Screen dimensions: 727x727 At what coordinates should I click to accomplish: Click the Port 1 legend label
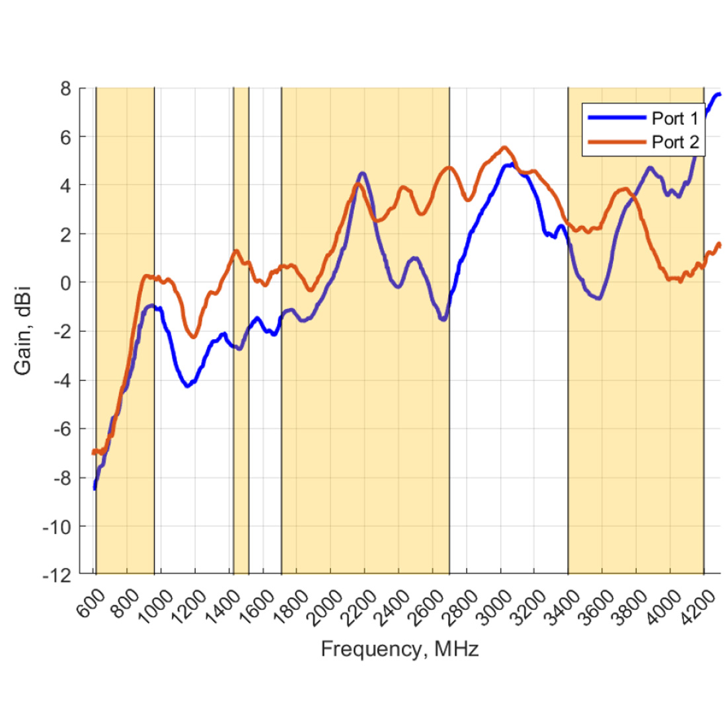tap(675, 119)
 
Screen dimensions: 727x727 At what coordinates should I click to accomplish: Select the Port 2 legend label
tap(675, 142)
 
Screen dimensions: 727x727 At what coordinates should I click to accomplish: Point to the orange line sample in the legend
tap(616, 141)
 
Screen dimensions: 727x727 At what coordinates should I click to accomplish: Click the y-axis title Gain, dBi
tap(23, 331)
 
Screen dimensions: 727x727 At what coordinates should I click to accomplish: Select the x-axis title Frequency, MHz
tap(400, 649)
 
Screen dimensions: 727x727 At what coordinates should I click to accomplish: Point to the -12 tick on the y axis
tap(59, 575)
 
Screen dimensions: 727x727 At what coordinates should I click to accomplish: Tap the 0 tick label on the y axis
tap(65, 283)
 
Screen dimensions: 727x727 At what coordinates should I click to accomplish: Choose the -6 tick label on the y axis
tap(62, 429)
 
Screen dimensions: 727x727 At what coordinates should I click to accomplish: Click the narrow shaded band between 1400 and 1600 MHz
tap(241, 330)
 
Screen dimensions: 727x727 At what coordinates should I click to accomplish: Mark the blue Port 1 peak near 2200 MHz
tap(362, 173)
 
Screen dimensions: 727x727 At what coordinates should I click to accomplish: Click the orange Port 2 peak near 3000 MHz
tap(504, 147)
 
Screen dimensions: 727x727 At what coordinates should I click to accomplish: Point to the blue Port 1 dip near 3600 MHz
tap(599, 299)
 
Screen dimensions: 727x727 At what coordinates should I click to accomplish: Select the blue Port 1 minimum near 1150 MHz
tap(188, 386)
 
